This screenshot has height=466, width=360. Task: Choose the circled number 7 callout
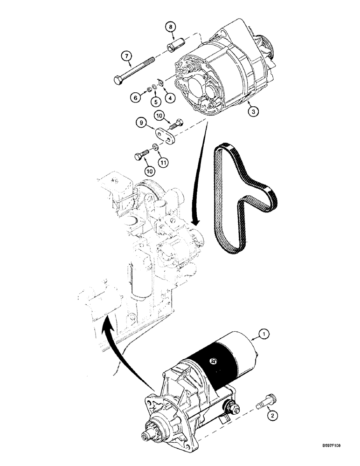(x=126, y=56)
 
